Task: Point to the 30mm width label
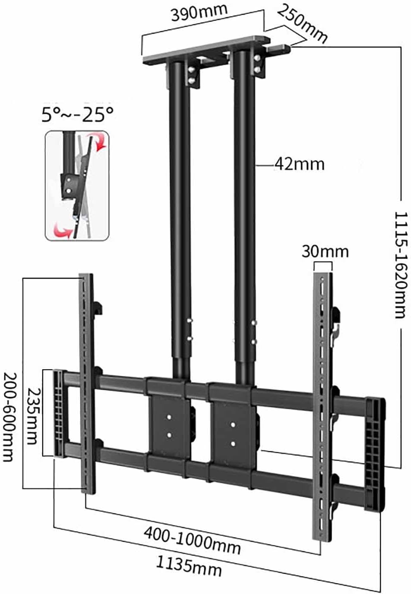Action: (325, 251)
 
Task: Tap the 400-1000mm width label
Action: (192, 539)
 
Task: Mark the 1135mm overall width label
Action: (189, 566)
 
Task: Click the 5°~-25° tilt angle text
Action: (78, 115)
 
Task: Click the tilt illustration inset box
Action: (77, 186)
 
